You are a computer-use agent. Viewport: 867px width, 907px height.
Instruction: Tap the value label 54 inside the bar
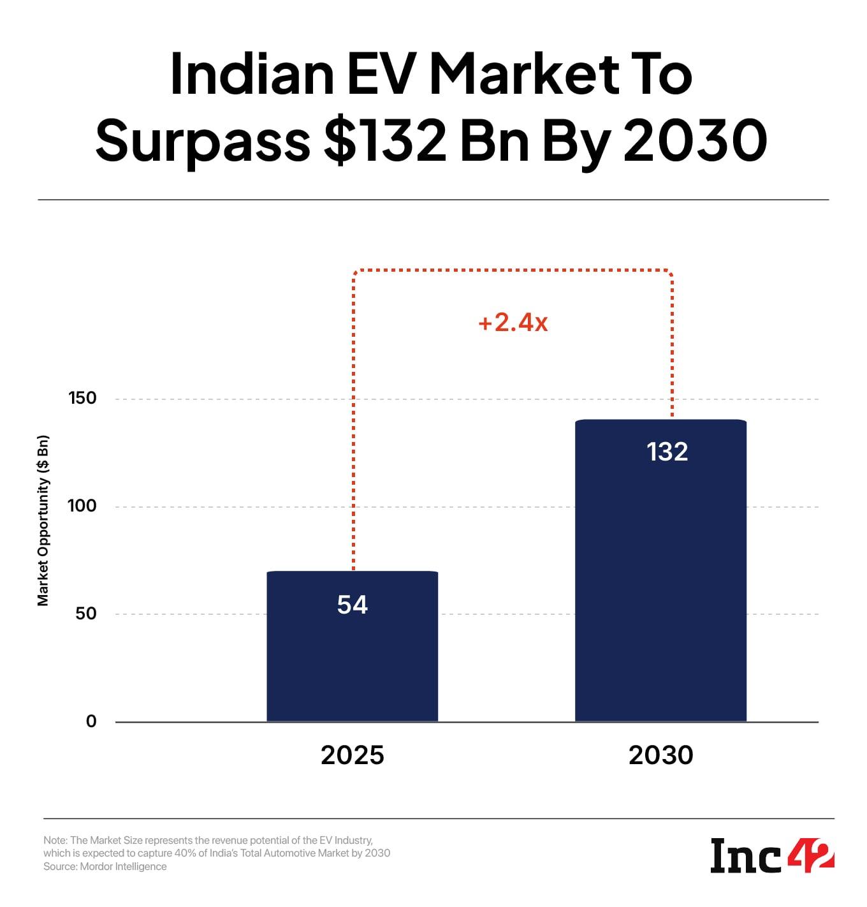point(352,605)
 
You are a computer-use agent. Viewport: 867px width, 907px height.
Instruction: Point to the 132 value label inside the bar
point(667,452)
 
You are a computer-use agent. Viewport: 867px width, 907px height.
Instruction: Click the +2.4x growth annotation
point(513,323)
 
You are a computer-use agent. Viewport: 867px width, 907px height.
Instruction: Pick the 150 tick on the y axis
point(82,398)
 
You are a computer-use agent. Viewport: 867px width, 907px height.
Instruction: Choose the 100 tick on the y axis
point(82,506)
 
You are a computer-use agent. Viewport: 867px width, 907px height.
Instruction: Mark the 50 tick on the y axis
point(85,614)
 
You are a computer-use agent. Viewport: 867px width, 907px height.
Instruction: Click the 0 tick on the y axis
point(91,721)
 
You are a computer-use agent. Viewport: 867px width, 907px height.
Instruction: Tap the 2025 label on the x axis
point(352,755)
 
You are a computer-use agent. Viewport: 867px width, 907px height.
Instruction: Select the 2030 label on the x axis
point(660,755)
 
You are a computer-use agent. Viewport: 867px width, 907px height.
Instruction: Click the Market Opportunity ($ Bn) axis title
point(43,520)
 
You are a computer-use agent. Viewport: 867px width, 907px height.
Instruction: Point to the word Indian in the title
point(252,74)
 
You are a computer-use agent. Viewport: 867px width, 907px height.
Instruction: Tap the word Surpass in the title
point(203,142)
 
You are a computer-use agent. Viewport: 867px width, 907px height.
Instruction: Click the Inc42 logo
point(772,856)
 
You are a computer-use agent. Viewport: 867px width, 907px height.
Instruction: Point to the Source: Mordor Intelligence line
point(105,866)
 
